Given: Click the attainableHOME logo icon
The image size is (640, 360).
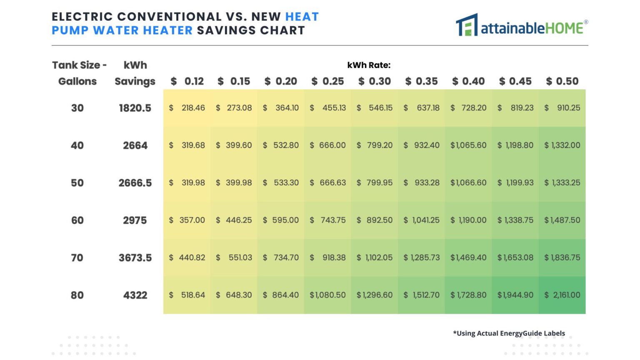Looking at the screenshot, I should point(467,25).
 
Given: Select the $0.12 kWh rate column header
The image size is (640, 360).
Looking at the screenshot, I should point(187,81).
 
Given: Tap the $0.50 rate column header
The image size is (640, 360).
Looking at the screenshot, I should point(562,81).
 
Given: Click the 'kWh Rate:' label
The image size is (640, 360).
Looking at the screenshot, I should point(369,65).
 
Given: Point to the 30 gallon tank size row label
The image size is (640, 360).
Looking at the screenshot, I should point(77,108).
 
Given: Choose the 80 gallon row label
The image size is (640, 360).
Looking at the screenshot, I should point(77,295).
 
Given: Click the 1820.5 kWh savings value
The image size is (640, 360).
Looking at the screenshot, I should point(135,108).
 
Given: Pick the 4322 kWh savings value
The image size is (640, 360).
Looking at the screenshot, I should point(135,295).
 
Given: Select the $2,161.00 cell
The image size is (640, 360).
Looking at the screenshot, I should point(562,295).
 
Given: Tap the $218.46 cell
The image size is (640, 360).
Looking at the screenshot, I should point(187,108).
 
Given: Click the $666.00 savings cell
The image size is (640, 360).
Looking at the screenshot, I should point(328,145).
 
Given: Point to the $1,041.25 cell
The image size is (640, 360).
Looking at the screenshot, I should point(422,220).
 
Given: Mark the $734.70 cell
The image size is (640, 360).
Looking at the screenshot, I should point(281,257).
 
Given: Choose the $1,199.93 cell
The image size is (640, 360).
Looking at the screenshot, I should point(515,183).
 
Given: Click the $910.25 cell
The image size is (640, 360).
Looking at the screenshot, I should point(562,108).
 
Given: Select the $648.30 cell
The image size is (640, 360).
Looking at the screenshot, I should point(234,295).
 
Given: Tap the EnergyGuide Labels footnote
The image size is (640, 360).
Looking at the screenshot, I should point(509,333).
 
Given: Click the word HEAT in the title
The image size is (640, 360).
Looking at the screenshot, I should point(302,17).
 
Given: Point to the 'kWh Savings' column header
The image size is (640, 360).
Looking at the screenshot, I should point(135,73).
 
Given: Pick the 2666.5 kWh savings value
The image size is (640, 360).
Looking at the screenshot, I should point(135,183).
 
